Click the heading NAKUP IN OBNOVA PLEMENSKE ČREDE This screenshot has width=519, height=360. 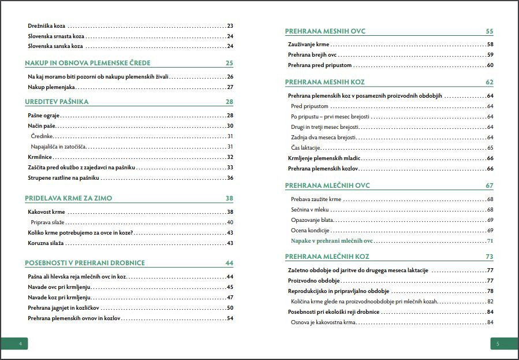coord(88,63)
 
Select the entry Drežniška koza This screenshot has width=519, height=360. coord(47,26)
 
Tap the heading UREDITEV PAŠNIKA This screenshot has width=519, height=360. coord(57,102)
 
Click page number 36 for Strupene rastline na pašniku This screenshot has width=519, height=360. coord(230,178)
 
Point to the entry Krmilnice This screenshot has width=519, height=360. coord(40,157)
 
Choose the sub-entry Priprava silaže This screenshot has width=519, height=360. coord(47,222)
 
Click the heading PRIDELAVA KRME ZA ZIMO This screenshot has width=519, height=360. coord(69,198)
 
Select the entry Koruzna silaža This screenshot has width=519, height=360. coord(46,243)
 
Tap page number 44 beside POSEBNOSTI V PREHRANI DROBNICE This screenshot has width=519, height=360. coord(229,263)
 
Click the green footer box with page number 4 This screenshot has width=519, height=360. coord(14,344)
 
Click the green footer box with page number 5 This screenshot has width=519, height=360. coord(505,344)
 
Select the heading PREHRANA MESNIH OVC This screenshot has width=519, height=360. coord(325,31)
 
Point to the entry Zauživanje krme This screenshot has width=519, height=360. coord(308,44)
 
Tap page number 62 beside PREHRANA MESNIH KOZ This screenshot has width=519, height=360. coord(490,82)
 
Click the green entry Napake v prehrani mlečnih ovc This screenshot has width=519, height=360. coord(332,241)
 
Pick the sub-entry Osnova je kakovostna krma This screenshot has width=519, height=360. coord(323,322)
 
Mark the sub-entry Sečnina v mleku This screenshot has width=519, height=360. coord(310,210)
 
